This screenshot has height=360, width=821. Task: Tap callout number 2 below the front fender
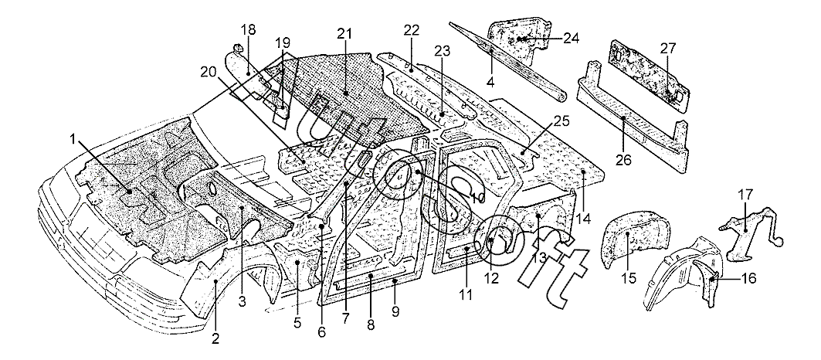point(215,337)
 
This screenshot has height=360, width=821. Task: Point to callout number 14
point(583,219)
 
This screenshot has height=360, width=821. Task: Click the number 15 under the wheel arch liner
point(629,277)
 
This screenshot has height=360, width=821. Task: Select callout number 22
point(412,30)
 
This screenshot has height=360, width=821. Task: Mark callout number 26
point(623,160)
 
